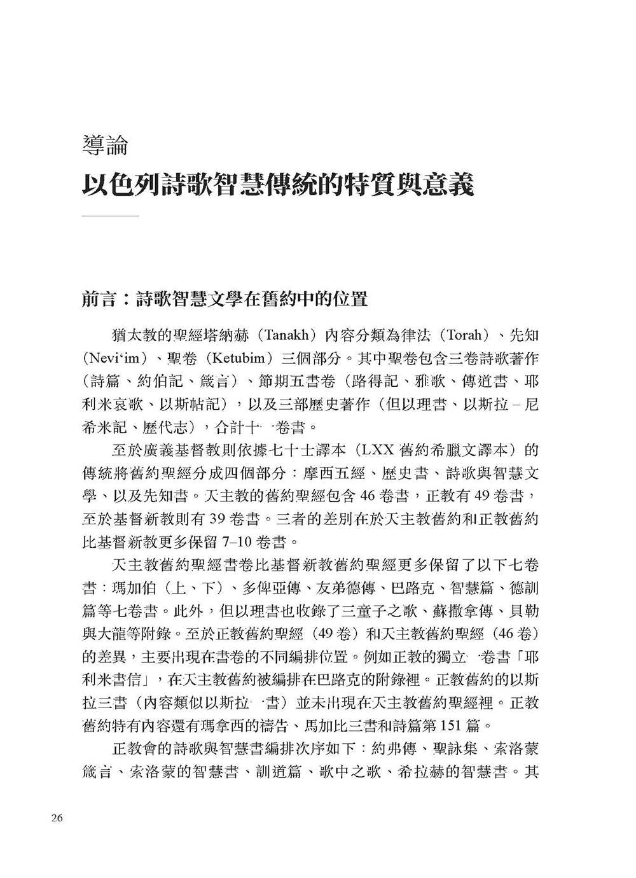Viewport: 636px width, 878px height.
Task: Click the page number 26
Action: (x=55, y=818)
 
